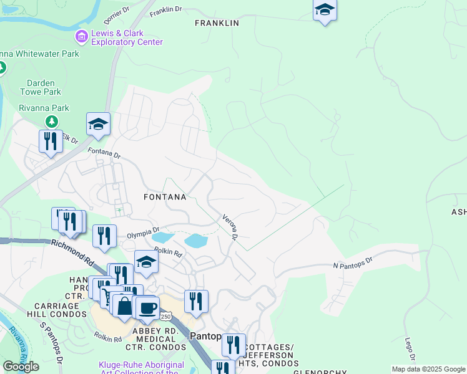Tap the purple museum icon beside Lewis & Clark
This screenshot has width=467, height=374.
click(x=81, y=37)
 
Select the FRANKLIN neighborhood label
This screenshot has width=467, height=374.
click(x=217, y=23)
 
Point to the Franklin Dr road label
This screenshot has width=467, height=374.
click(x=165, y=10)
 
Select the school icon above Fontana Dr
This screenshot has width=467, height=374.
click(x=98, y=125)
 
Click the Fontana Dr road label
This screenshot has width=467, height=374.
click(x=104, y=151)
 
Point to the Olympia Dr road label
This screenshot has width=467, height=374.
click(x=143, y=233)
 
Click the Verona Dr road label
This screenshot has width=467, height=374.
click(x=230, y=228)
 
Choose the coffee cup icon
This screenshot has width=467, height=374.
click(x=148, y=307)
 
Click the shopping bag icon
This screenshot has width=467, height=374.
click(x=124, y=305)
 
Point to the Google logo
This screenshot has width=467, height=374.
click(x=21, y=367)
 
